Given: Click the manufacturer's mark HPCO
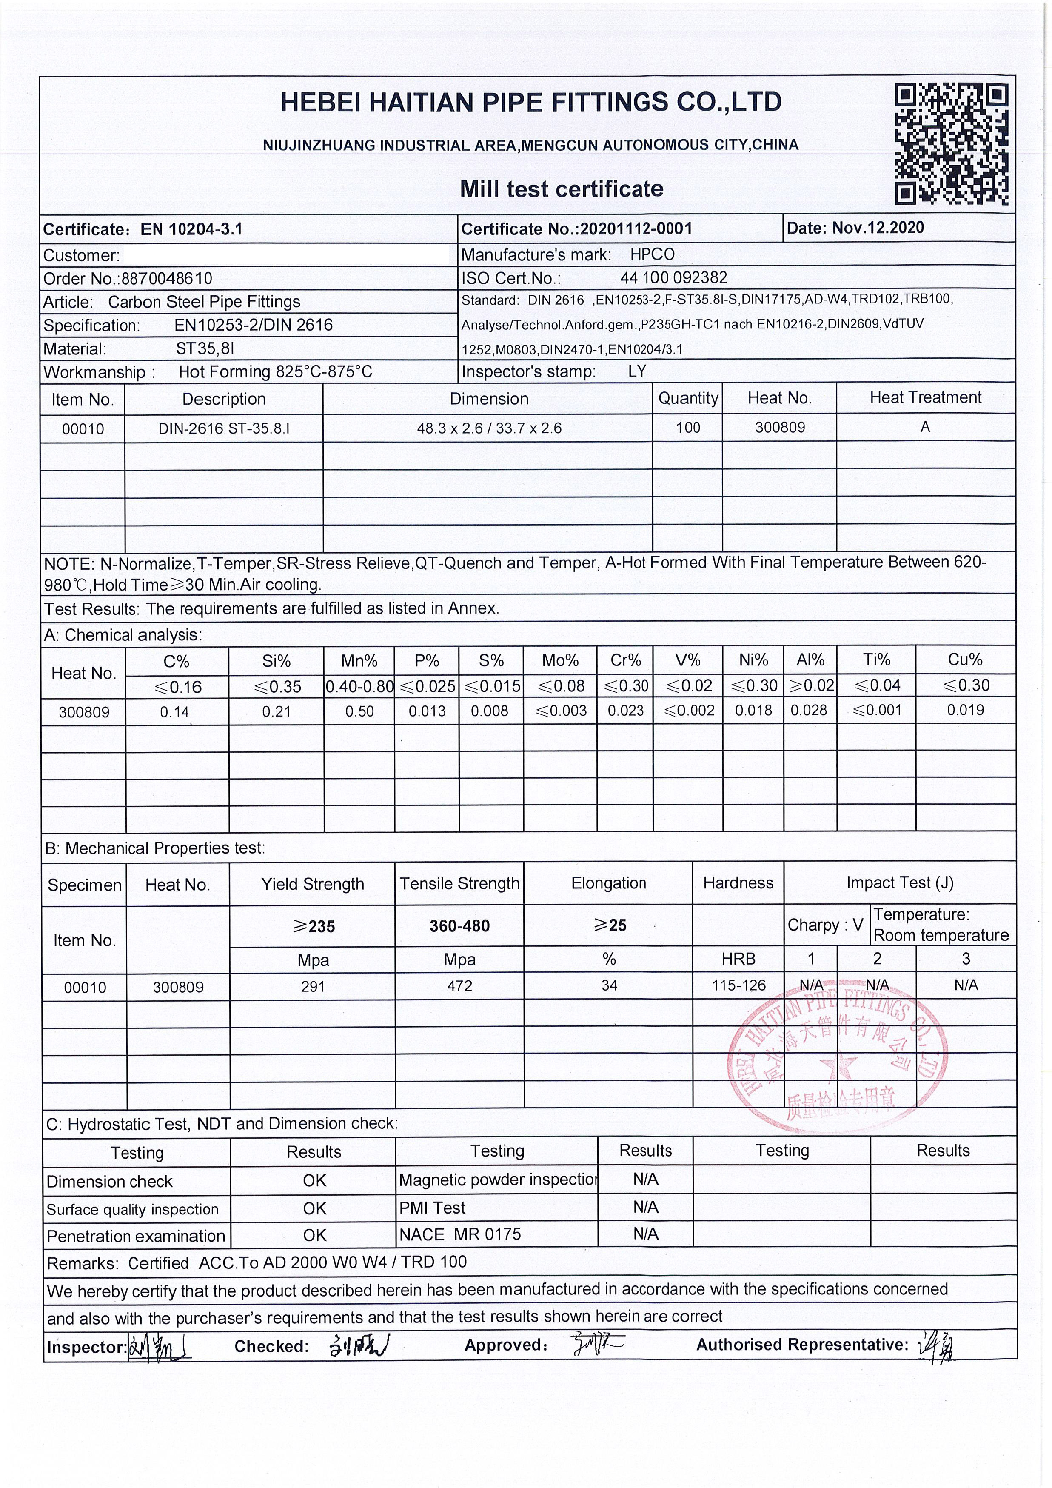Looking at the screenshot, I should tap(652, 255).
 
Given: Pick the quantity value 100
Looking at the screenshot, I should tap(688, 428).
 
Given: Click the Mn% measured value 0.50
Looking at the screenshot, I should tap(359, 711).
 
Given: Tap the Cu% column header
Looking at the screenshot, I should tap(965, 660).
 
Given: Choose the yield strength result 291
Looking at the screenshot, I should tap(313, 986).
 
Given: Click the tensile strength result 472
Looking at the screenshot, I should tap(459, 986).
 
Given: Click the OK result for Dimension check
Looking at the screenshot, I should tap(314, 1181).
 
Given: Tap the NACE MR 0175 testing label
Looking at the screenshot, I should tap(460, 1234).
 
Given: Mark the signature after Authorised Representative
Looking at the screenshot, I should tap(937, 1345).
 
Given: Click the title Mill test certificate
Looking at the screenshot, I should tap(562, 189).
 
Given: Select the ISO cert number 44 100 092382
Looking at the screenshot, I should tap(674, 278).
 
